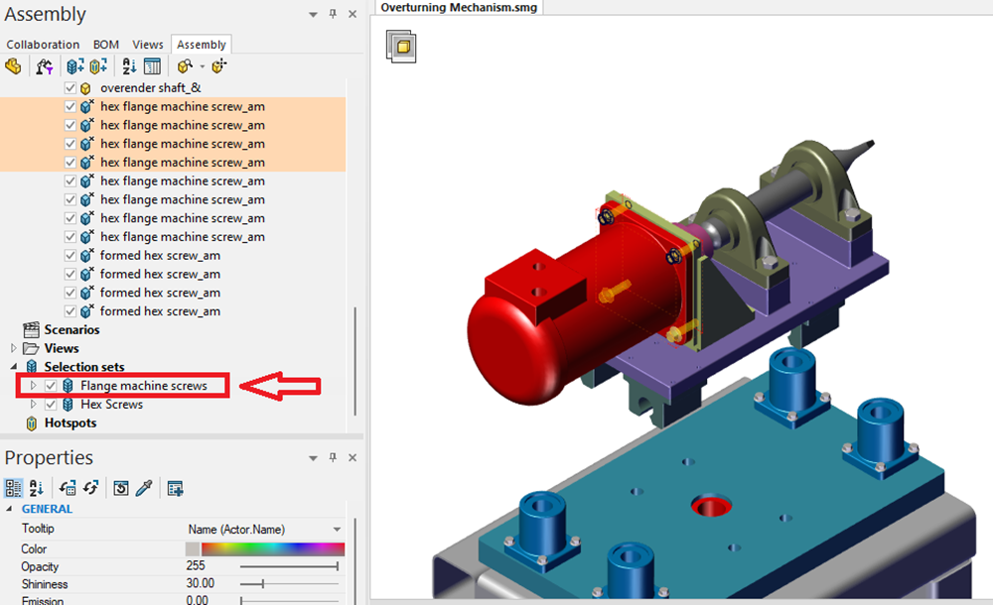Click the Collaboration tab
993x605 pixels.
point(43,45)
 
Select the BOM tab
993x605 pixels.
point(106,45)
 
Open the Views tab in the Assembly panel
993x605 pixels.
point(148,45)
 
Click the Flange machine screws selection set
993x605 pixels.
point(144,386)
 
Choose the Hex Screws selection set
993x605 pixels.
point(111,405)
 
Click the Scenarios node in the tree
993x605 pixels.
point(71,329)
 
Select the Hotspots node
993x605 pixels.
point(71,423)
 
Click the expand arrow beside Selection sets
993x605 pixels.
point(14,367)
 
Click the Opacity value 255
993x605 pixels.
point(197,566)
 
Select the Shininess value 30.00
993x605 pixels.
point(201,584)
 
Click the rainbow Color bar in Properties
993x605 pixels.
point(272,548)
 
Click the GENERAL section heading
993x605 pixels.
point(47,509)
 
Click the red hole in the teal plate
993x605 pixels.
point(712,507)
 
